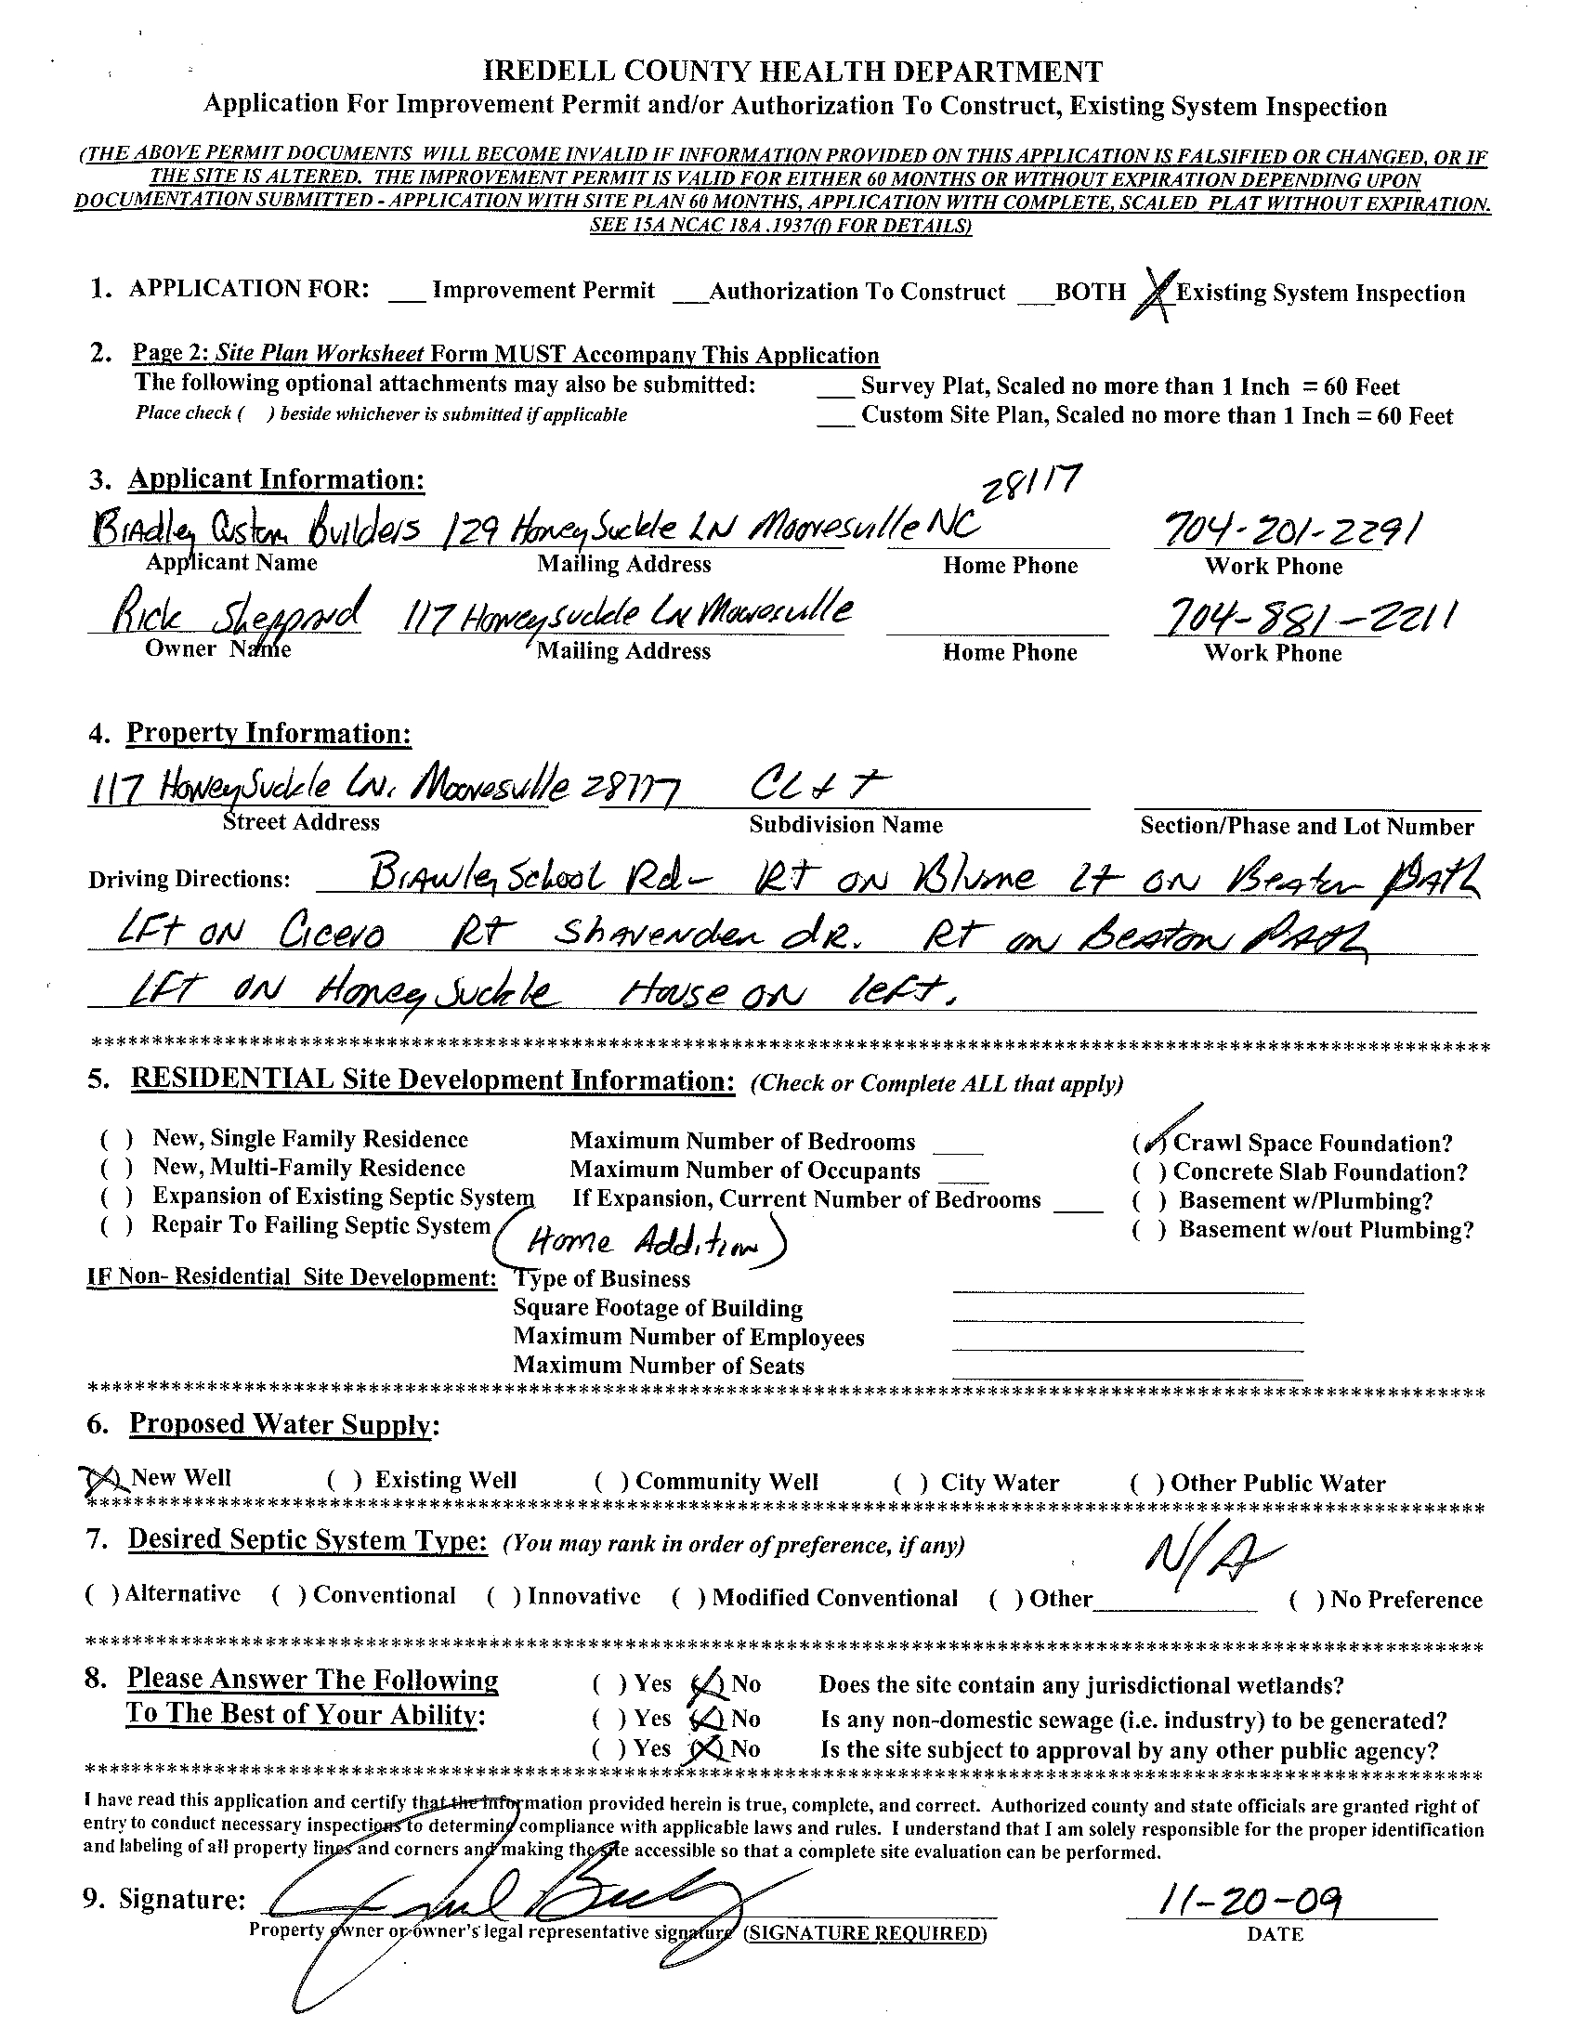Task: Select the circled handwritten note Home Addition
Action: click(645, 1241)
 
